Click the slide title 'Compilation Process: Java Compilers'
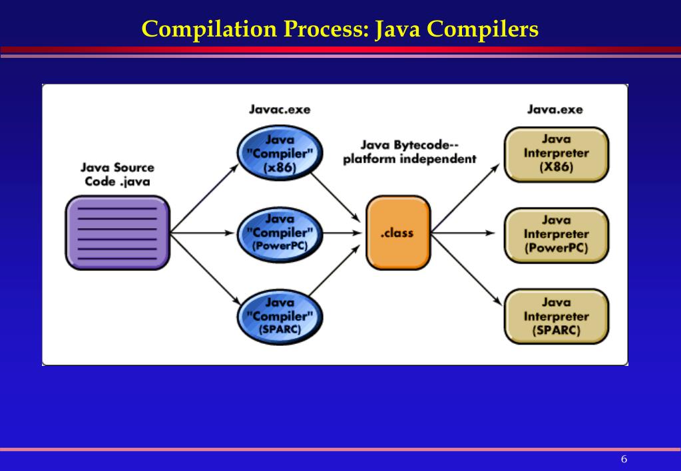(340, 29)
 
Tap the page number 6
(624, 460)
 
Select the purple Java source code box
(117, 232)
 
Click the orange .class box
(397, 233)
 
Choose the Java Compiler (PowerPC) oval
(280, 233)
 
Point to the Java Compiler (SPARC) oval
(280, 316)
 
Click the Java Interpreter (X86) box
(556, 154)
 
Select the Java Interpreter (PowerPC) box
(556, 234)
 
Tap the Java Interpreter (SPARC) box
(556, 317)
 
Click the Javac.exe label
(280, 109)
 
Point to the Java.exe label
(555, 109)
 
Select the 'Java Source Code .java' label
(117, 175)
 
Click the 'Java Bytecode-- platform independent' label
(409, 152)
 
